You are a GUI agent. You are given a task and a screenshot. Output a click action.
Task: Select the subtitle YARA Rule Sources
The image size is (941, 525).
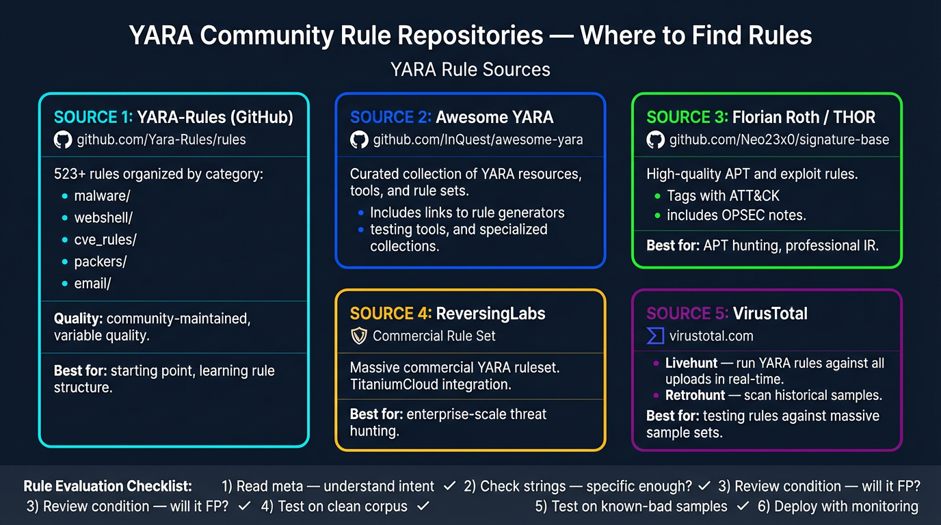pos(470,70)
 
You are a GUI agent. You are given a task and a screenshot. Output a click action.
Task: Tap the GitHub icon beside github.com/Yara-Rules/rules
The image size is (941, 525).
pos(62,140)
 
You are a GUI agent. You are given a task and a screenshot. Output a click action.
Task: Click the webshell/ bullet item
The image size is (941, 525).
pos(103,218)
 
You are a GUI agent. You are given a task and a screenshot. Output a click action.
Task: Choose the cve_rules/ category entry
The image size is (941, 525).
pos(105,240)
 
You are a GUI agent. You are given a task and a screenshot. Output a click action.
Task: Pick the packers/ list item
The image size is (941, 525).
pos(101,262)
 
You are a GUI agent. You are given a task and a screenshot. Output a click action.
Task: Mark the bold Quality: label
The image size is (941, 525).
pos(78,318)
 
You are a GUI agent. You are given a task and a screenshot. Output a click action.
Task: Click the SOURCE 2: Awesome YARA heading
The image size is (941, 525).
pos(451,118)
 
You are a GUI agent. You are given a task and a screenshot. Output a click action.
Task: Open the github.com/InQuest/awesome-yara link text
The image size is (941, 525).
pos(477,140)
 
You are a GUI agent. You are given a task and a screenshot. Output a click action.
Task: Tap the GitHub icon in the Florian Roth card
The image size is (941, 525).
pos(655,140)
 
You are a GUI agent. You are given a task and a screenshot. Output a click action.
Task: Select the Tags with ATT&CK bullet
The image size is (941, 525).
pos(723,196)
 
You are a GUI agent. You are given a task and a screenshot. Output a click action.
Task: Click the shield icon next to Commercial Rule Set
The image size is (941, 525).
pos(359,336)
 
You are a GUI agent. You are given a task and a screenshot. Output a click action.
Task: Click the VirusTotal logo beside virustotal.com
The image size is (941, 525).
pos(655,336)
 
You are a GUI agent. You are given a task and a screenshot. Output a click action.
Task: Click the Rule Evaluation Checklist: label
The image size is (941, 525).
pos(108,487)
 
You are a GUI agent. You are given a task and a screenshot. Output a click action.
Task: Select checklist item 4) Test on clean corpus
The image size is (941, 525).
pos(334,507)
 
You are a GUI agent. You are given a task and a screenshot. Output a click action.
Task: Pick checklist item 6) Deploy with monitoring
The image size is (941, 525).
pos(837,507)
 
